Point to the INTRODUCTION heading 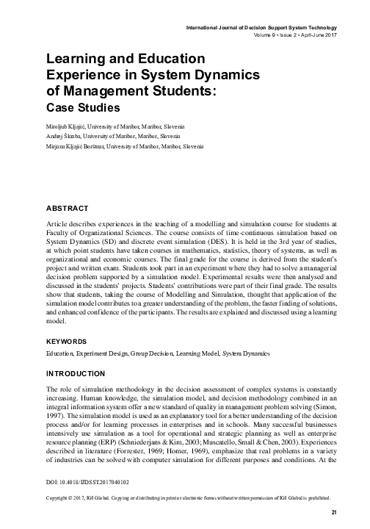point(80,373)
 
